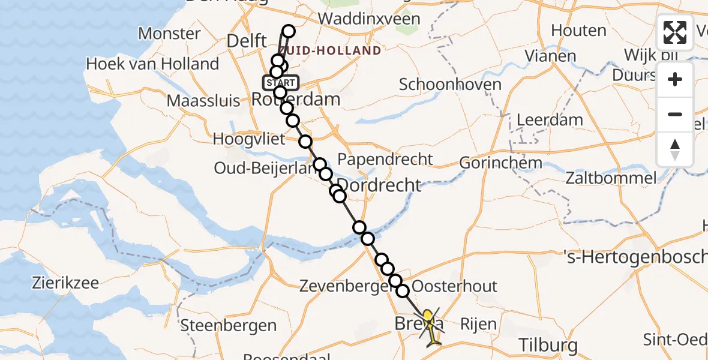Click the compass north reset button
[x=675, y=149]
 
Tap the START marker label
[x=279, y=82]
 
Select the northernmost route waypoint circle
[x=289, y=32]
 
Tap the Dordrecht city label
[x=379, y=185]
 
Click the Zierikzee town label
[x=66, y=283]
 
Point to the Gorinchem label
[x=501, y=163]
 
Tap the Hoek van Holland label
[x=152, y=64]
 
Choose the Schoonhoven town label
[x=450, y=84]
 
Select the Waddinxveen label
[x=369, y=19]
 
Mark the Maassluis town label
[x=203, y=100]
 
